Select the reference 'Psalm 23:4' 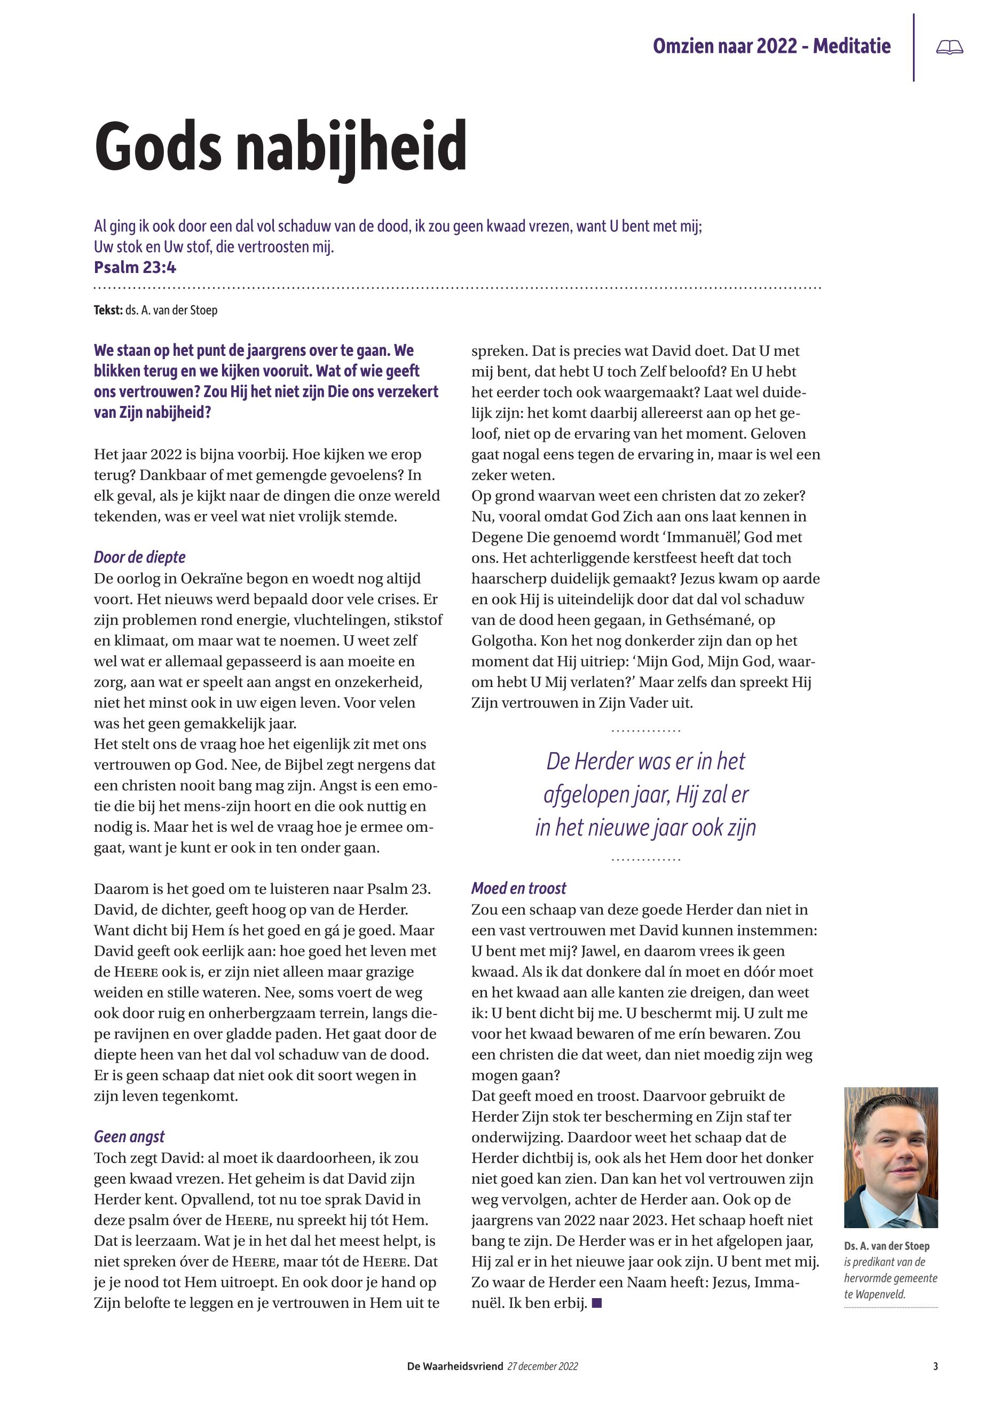coord(135,268)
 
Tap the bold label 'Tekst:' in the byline coord(108,310)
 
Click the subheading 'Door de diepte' coord(139,557)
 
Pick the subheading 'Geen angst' coord(129,1137)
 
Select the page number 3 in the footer coord(936,1367)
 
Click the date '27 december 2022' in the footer coord(542,1367)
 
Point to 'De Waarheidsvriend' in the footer coord(455,1367)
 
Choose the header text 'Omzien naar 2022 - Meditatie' coord(771,46)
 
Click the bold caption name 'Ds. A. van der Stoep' coord(886,1246)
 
